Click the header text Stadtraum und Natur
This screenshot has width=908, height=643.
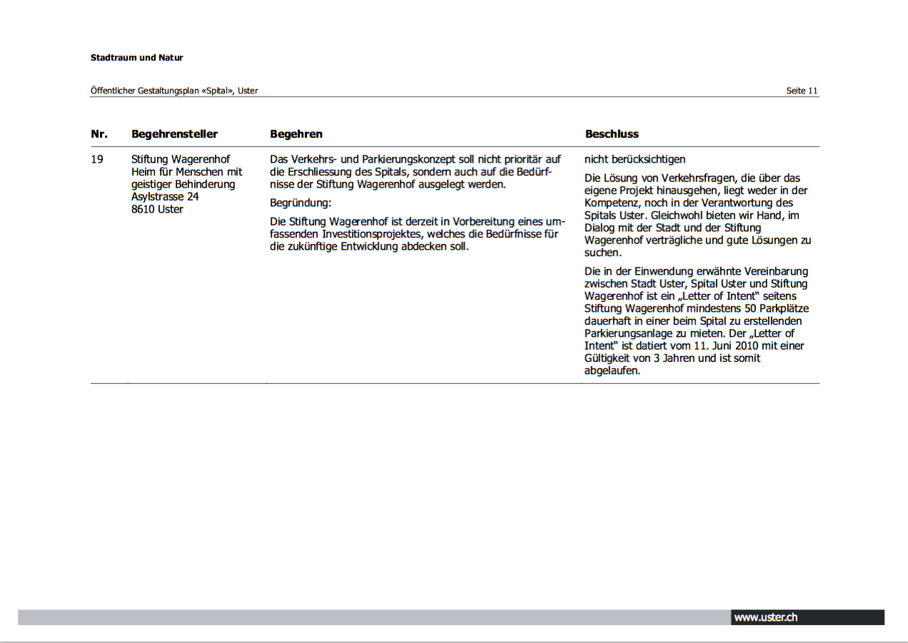136,58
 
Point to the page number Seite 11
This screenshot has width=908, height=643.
802,91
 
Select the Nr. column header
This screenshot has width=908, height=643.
99,134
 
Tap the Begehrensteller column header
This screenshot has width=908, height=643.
174,134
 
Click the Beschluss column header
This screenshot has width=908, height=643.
612,134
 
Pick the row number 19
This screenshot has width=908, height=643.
97,159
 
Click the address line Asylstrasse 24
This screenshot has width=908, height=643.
165,197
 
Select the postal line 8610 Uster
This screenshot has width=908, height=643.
157,210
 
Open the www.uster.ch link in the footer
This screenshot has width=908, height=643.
765,617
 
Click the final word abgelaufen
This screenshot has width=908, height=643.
612,371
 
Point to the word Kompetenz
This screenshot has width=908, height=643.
611,203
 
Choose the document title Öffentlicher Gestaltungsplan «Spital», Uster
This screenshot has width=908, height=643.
174,91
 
